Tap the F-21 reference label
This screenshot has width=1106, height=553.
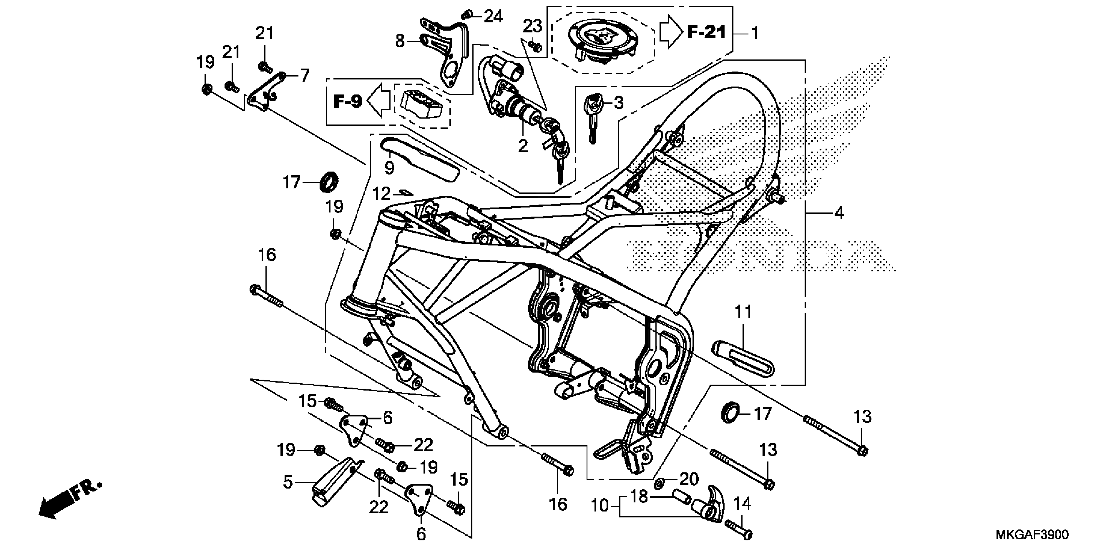click(x=706, y=32)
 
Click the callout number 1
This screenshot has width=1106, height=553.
click(x=754, y=34)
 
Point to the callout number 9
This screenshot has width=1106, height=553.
click(x=389, y=168)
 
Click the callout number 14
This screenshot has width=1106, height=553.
click(x=742, y=503)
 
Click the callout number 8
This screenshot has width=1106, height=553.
click(x=400, y=41)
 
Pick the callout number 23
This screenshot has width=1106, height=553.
click(x=533, y=27)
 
